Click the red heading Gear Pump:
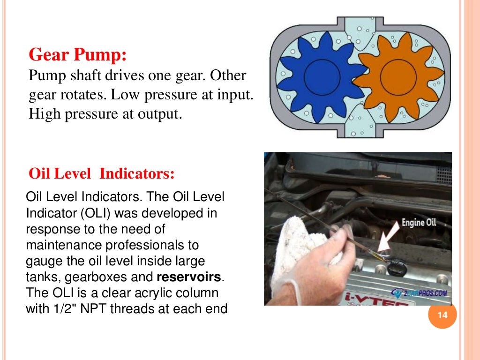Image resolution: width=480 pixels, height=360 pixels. (78, 55)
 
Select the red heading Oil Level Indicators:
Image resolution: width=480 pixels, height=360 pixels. (102, 174)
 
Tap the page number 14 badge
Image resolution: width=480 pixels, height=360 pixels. (442, 315)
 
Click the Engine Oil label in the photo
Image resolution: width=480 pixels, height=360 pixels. (419, 223)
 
